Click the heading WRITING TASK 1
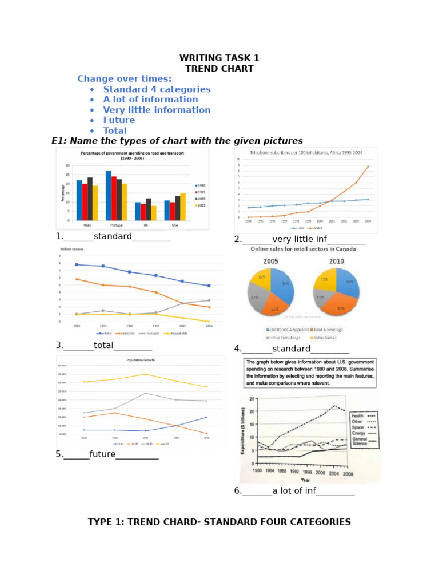tap(219, 58)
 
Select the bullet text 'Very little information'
tap(157, 110)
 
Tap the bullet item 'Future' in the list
tap(119, 120)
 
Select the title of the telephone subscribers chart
tap(305, 153)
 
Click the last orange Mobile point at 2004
tap(368, 167)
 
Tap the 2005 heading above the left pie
tap(270, 262)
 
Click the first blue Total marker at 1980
tap(77, 264)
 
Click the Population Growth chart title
tap(141, 361)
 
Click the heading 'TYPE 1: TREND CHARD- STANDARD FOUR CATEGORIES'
tap(219, 522)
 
